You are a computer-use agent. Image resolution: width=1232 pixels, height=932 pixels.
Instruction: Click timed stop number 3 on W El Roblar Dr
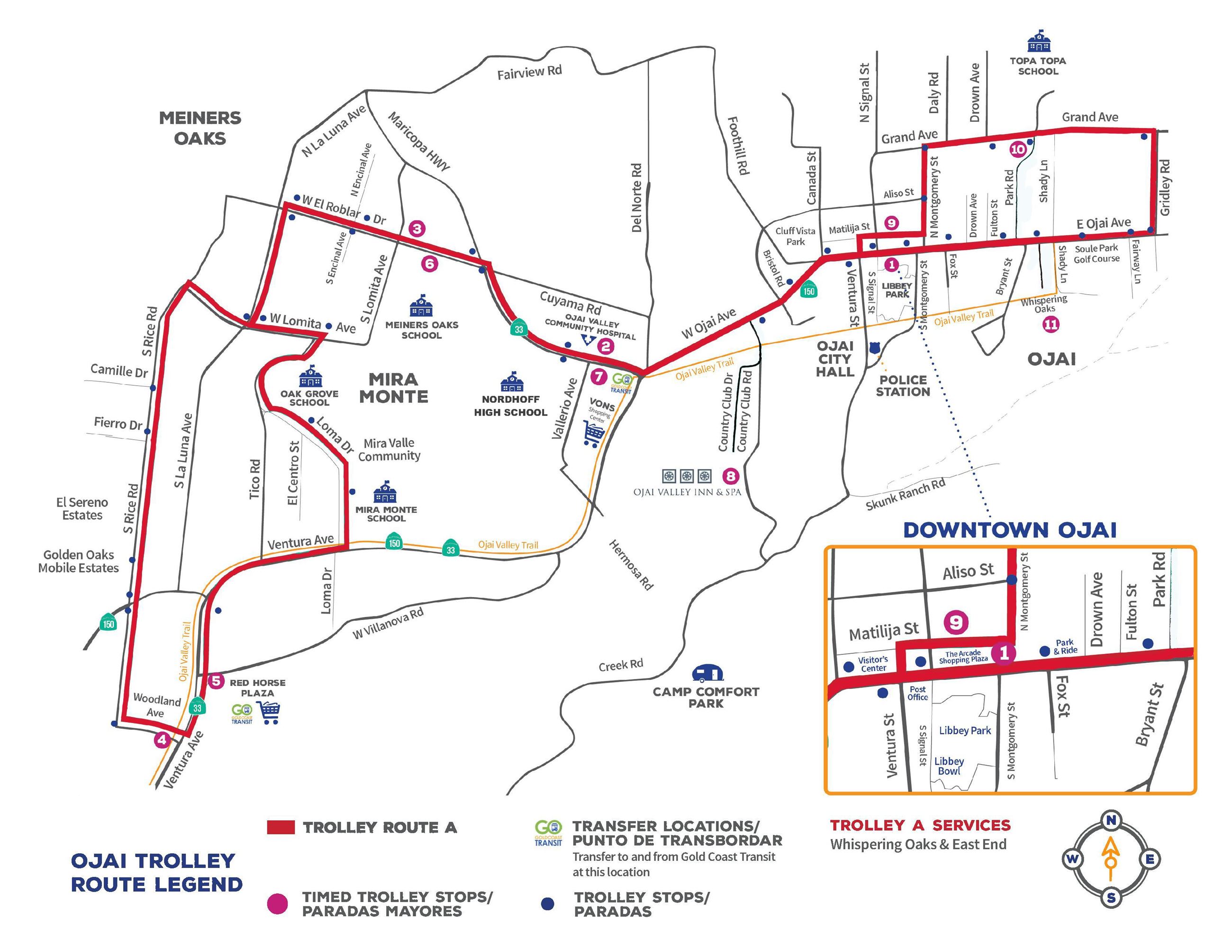click(x=417, y=228)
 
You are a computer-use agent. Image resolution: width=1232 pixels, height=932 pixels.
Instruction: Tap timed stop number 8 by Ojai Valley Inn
click(x=730, y=476)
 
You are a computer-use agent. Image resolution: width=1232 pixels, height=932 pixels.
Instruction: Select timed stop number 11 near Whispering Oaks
click(x=1051, y=324)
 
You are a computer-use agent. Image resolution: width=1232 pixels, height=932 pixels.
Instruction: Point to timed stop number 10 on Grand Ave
click(x=1017, y=149)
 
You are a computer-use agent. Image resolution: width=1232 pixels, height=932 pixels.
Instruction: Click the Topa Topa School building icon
click(x=1038, y=41)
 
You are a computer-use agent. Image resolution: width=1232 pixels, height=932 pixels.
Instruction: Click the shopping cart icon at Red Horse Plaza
click(x=269, y=712)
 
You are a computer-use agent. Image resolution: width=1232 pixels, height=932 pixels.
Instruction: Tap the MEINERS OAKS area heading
click(x=200, y=127)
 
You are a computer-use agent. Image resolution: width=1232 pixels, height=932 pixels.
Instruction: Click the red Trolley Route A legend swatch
click(x=281, y=827)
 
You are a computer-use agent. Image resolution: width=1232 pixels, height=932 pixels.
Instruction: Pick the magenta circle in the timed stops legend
click(x=277, y=904)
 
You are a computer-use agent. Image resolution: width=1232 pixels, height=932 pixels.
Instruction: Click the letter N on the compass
click(x=1111, y=820)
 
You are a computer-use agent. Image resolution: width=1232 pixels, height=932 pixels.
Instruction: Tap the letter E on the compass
click(x=1149, y=860)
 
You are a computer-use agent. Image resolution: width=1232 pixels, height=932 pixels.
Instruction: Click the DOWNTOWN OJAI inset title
click(x=1009, y=530)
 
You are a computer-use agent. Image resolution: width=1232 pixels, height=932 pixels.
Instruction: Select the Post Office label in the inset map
click(x=917, y=693)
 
